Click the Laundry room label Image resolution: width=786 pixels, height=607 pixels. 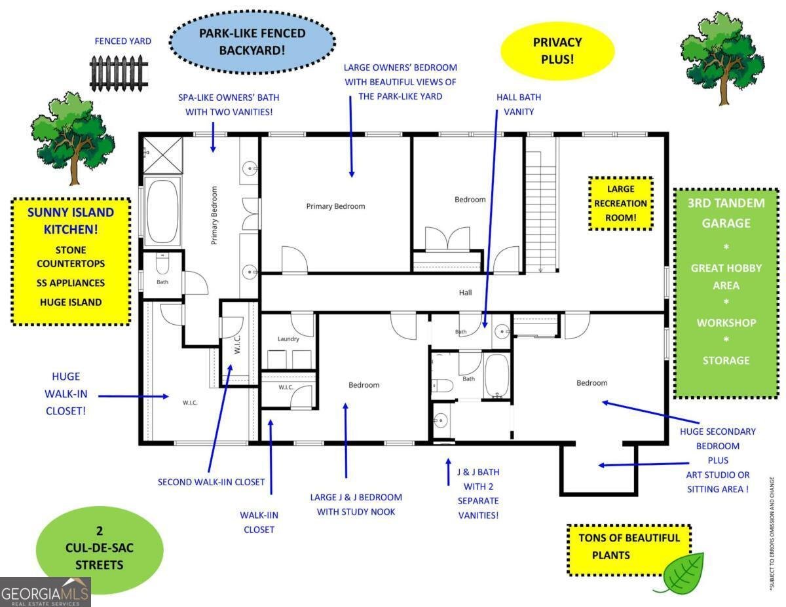coord(288,339)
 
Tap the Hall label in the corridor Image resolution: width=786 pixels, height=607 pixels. coord(465,293)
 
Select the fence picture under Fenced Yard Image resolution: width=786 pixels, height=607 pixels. coord(119,73)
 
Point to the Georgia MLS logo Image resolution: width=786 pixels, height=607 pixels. coord(45,592)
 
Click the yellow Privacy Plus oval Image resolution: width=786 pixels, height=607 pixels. coord(557,50)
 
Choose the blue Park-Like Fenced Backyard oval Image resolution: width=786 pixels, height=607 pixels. coord(252,42)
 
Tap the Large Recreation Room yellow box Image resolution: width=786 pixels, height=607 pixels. coord(621,204)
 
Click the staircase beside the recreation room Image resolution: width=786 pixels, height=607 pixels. coord(540,212)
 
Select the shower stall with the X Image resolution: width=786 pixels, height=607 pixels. coord(163,155)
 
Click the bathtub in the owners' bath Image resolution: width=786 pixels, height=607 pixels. coord(163,211)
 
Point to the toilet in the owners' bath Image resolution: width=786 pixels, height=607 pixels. coord(162,265)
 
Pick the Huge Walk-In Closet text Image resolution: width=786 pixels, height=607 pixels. coord(66,394)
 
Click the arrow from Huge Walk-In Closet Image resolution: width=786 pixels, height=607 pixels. coord(134,396)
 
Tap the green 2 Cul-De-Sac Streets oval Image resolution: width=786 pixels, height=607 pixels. coord(100,547)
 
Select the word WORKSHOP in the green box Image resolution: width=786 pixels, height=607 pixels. coord(726,323)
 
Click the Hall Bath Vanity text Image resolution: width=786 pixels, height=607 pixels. coord(519,105)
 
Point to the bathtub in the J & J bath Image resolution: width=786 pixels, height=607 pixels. coord(496,376)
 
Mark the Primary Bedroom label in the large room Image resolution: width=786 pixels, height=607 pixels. coord(335,206)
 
